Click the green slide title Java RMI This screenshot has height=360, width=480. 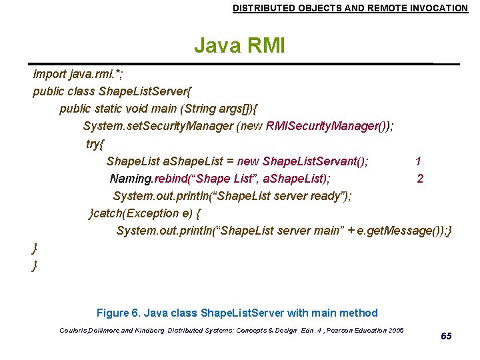coord(239,46)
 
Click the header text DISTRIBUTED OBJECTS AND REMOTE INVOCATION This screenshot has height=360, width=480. coord(350,8)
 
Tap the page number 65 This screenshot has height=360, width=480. coord(446,336)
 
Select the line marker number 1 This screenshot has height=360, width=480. coord(418,161)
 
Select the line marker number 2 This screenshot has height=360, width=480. coord(419,178)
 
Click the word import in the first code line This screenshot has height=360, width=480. coord(50,74)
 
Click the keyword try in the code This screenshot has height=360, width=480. coord(95,143)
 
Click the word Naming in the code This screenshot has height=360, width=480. coord(131,178)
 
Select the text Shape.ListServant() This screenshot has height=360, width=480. coord(315,161)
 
